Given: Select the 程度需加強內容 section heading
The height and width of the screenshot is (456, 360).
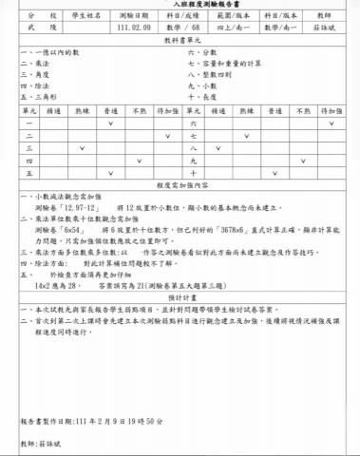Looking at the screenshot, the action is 179,186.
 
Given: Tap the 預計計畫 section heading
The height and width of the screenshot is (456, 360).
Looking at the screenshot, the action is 179,296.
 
